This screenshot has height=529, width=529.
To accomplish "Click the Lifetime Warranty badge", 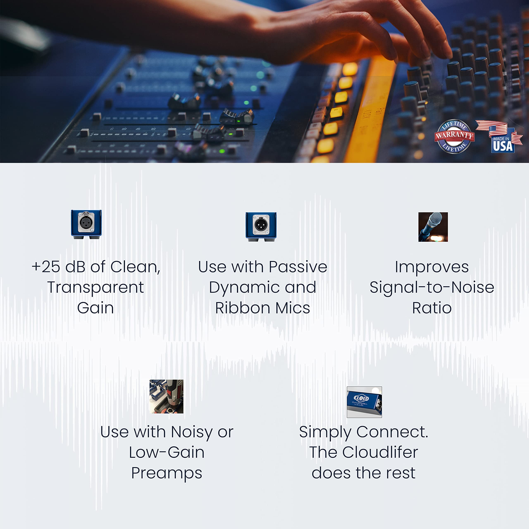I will (x=454, y=136).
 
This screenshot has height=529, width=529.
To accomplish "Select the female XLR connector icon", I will (x=86, y=224).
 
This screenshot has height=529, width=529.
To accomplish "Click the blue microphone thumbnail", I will (x=433, y=227).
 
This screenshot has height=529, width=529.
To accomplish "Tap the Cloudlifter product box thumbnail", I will (x=364, y=402).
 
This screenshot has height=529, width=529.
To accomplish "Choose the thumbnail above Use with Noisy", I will (x=166, y=396).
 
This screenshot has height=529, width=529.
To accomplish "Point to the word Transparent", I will (x=95, y=287).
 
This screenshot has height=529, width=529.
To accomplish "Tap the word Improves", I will (x=432, y=267).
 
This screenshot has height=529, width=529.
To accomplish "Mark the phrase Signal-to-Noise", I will (x=432, y=287).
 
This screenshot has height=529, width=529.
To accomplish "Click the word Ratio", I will (x=432, y=308).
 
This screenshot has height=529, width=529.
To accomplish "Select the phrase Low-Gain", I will (x=167, y=452).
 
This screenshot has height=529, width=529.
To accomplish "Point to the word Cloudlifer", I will (x=380, y=452).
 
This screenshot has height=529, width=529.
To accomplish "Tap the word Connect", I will (x=392, y=432).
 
